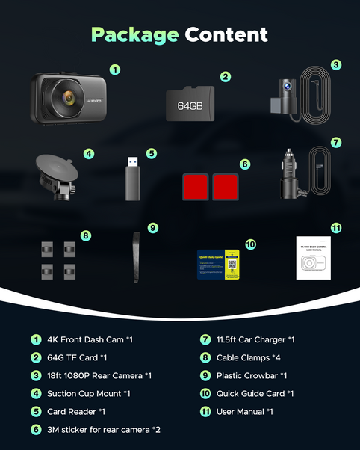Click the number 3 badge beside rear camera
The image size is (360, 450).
[x=336, y=65]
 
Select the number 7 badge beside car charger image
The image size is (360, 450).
[x=336, y=141]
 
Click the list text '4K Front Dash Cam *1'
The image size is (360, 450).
[x=90, y=339]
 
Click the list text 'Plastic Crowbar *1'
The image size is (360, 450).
[x=252, y=375]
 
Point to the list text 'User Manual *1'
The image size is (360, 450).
[x=245, y=411]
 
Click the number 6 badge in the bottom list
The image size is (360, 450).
[x=36, y=430]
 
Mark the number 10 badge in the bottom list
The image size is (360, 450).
[x=204, y=393]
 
